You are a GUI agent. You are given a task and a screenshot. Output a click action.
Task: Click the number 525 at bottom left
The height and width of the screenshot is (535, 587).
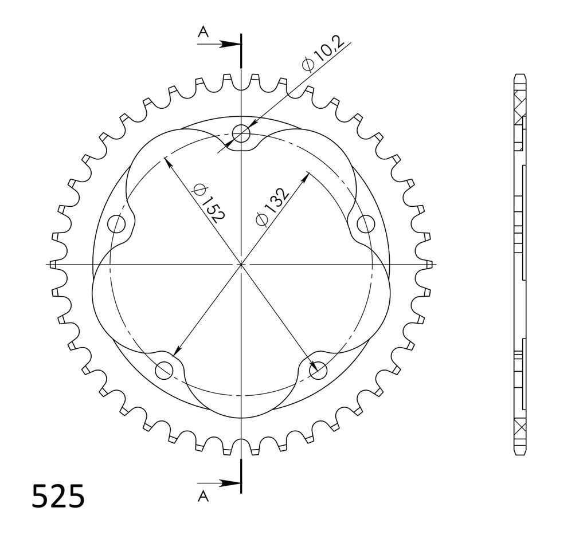point(58,496)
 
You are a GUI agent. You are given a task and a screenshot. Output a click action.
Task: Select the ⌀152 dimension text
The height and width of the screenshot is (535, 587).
point(208,202)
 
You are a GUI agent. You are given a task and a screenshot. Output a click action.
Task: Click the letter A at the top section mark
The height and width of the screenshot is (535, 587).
point(204,33)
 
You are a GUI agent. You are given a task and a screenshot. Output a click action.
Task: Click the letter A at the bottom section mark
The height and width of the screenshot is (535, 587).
point(204,497)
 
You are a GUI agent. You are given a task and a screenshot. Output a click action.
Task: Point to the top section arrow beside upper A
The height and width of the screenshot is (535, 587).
point(219,44)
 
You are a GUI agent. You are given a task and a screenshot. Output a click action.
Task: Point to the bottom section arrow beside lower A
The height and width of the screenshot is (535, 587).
point(219,483)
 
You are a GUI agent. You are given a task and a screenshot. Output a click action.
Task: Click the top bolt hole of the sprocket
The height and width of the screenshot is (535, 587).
point(241,133)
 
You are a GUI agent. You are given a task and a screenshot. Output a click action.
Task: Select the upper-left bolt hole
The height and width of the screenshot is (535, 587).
point(116,225)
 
